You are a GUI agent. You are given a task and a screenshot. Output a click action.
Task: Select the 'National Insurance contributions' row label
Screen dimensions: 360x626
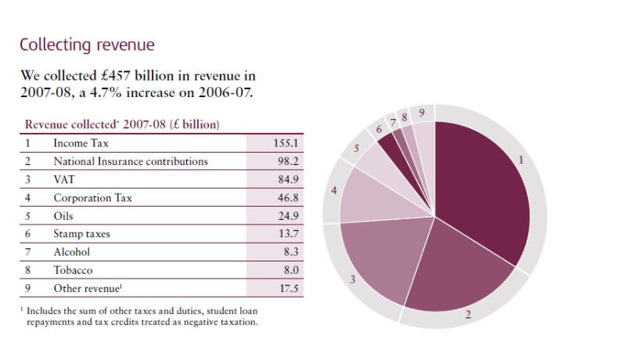[x=130, y=161]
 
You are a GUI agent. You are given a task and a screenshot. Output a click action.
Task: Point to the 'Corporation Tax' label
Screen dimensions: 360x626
[x=92, y=197]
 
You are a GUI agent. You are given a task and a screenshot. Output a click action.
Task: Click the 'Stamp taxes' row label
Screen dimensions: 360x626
[x=82, y=233]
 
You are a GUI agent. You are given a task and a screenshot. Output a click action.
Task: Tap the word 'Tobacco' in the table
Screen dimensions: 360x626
[x=73, y=269]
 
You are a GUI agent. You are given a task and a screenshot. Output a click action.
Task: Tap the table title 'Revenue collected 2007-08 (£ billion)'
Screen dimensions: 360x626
[x=122, y=124]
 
